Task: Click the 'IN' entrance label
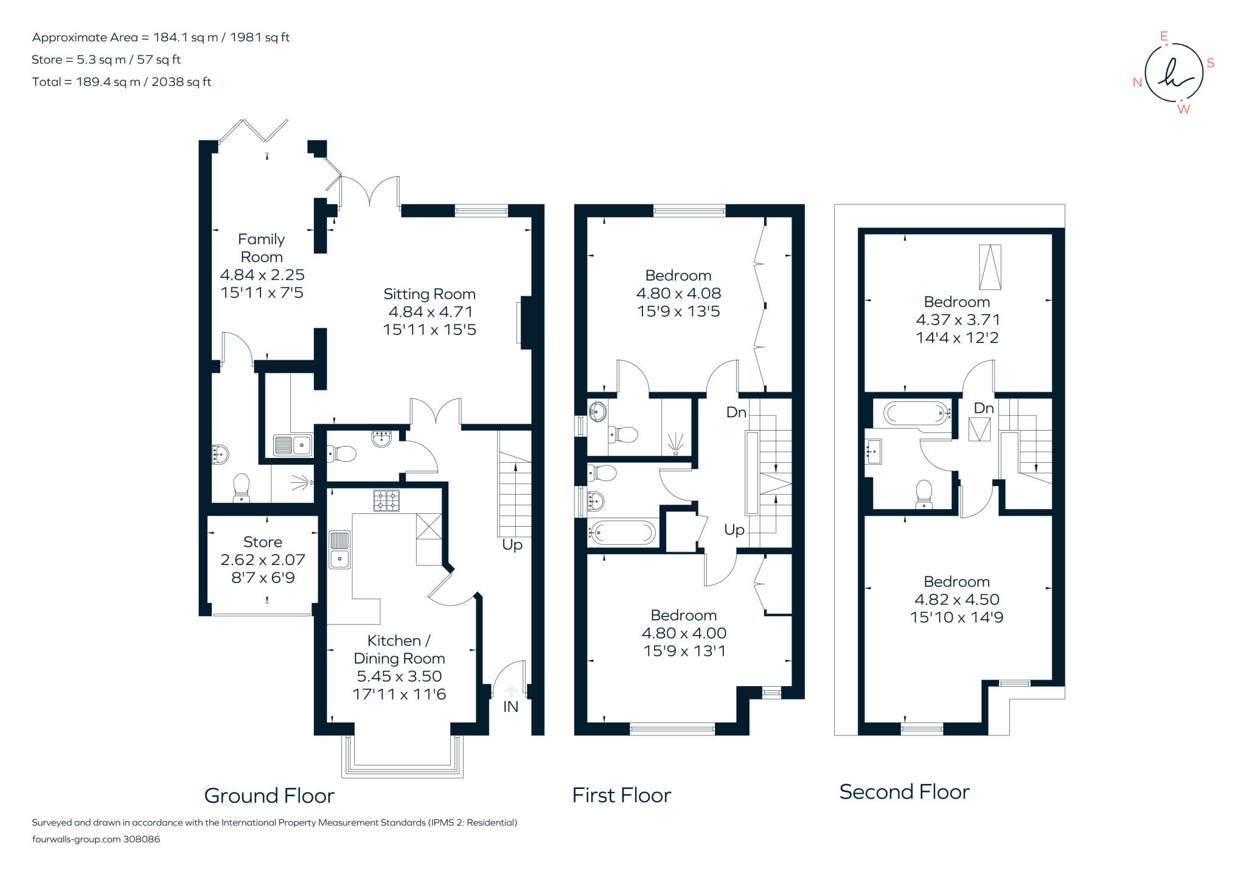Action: (510, 706)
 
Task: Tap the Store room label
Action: (263, 542)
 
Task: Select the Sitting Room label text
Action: (430, 294)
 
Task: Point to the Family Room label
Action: (262, 248)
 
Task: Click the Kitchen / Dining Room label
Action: (399, 650)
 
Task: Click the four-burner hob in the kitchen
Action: (386, 501)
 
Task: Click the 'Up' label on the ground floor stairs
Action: (512, 545)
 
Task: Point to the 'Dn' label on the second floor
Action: (984, 408)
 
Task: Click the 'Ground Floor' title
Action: (270, 796)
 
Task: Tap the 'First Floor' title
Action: (622, 796)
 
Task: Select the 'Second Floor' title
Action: (905, 792)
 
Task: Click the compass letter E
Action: (1164, 36)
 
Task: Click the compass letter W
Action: (1183, 109)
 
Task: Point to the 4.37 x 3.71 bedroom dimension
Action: (957, 320)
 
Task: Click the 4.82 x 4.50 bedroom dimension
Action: (957, 600)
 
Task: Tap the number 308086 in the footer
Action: (142, 839)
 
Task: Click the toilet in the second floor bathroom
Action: (924, 494)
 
